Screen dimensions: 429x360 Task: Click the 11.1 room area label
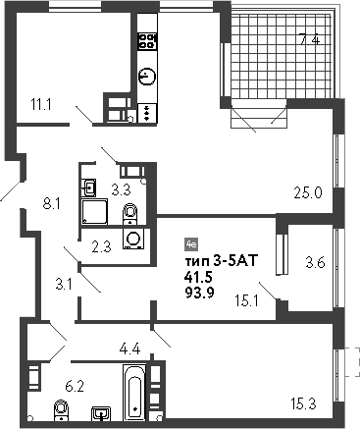[x=40, y=102]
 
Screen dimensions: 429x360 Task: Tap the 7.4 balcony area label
[x=309, y=40]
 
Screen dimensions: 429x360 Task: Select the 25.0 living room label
[x=309, y=192]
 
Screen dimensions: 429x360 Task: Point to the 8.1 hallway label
[x=53, y=204]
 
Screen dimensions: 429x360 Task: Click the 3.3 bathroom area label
[x=121, y=189]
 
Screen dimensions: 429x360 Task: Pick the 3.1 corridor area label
[x=65, y=285]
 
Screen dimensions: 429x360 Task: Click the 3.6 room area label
[x=315, y=262]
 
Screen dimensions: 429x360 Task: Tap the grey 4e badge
[x=191, y=243]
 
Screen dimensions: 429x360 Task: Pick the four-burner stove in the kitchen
[x=148, y=41]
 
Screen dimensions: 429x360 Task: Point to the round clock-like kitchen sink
[x=146, y=76]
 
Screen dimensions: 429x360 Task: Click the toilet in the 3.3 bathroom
[x=129, y=211]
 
